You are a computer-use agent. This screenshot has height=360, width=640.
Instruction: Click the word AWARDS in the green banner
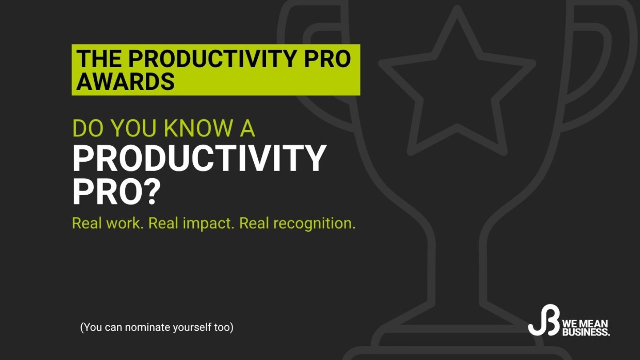pyautogui.click(x=125, y=82)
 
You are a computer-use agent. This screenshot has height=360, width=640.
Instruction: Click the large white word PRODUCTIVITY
pyautogui.click(x=199, y=159)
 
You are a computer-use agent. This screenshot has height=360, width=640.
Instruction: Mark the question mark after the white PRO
pyautogui.click(x=152, y=192)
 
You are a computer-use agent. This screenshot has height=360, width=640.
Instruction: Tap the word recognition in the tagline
pyautogui.click(x=314, y=224)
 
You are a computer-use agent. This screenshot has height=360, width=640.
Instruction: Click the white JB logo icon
pyautogui.click(x=543, y=321)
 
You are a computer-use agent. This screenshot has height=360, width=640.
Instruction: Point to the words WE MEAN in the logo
pyautogui.click(x=585, y=324)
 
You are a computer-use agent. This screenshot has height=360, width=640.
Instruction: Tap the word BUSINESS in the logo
pyautogui.click(x=585, y=332)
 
